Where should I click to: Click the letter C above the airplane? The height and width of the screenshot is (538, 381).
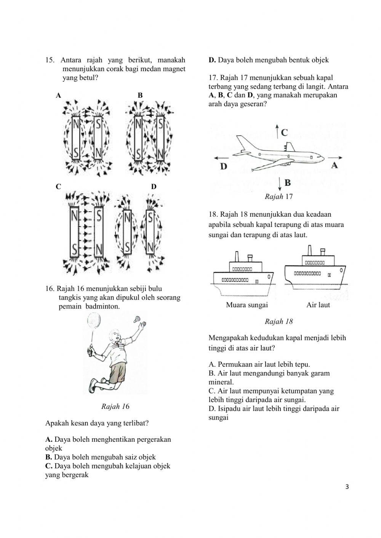284,133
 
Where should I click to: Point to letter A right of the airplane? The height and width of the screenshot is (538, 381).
334,165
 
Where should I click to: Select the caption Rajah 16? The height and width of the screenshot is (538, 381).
115,406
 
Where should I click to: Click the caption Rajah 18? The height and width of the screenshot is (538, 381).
279,321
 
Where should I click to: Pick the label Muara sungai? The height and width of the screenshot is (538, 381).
247,305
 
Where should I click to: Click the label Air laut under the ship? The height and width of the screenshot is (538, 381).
318,305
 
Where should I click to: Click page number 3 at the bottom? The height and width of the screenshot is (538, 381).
347,486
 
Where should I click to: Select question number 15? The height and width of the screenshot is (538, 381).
50,60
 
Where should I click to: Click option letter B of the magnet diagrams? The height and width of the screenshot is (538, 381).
140,95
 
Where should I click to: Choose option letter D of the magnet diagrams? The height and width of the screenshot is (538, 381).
154,187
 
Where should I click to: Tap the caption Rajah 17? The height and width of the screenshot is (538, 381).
278,197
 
